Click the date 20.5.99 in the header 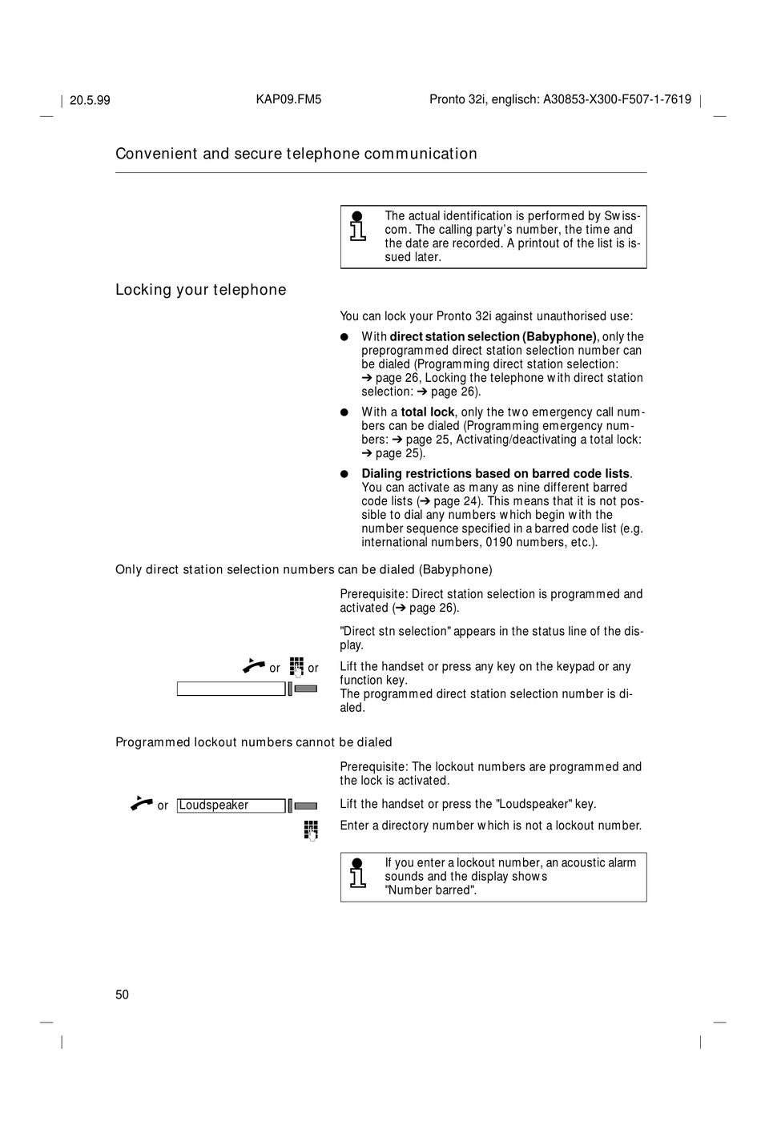[x=90, y=100]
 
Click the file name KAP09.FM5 [x=288, y=99]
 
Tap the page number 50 [x=122, y=994]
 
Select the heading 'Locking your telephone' [x=200, y=290]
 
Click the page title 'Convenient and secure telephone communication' [x=296, y=154]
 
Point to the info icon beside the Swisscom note [x=358, y=227]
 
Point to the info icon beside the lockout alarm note [x=358, y=873]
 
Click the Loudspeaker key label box [x=231, y=806]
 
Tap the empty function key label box [x=231, y=689]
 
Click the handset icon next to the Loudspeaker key [x=142, y=802]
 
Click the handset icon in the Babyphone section [x=254, y=665]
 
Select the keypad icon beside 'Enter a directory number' [x=311, y=830]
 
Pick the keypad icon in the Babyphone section [x=296, y=666]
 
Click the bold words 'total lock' [x=428, y=412]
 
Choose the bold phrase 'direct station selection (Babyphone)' [x=493, y=337]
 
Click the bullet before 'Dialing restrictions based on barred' [x=344, y=474]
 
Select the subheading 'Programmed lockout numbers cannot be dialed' [x=254, y=742]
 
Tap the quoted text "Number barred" [x=430, y=890]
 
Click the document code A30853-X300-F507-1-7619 [x=617, y=99]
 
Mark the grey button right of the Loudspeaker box [x=305, y=806]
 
